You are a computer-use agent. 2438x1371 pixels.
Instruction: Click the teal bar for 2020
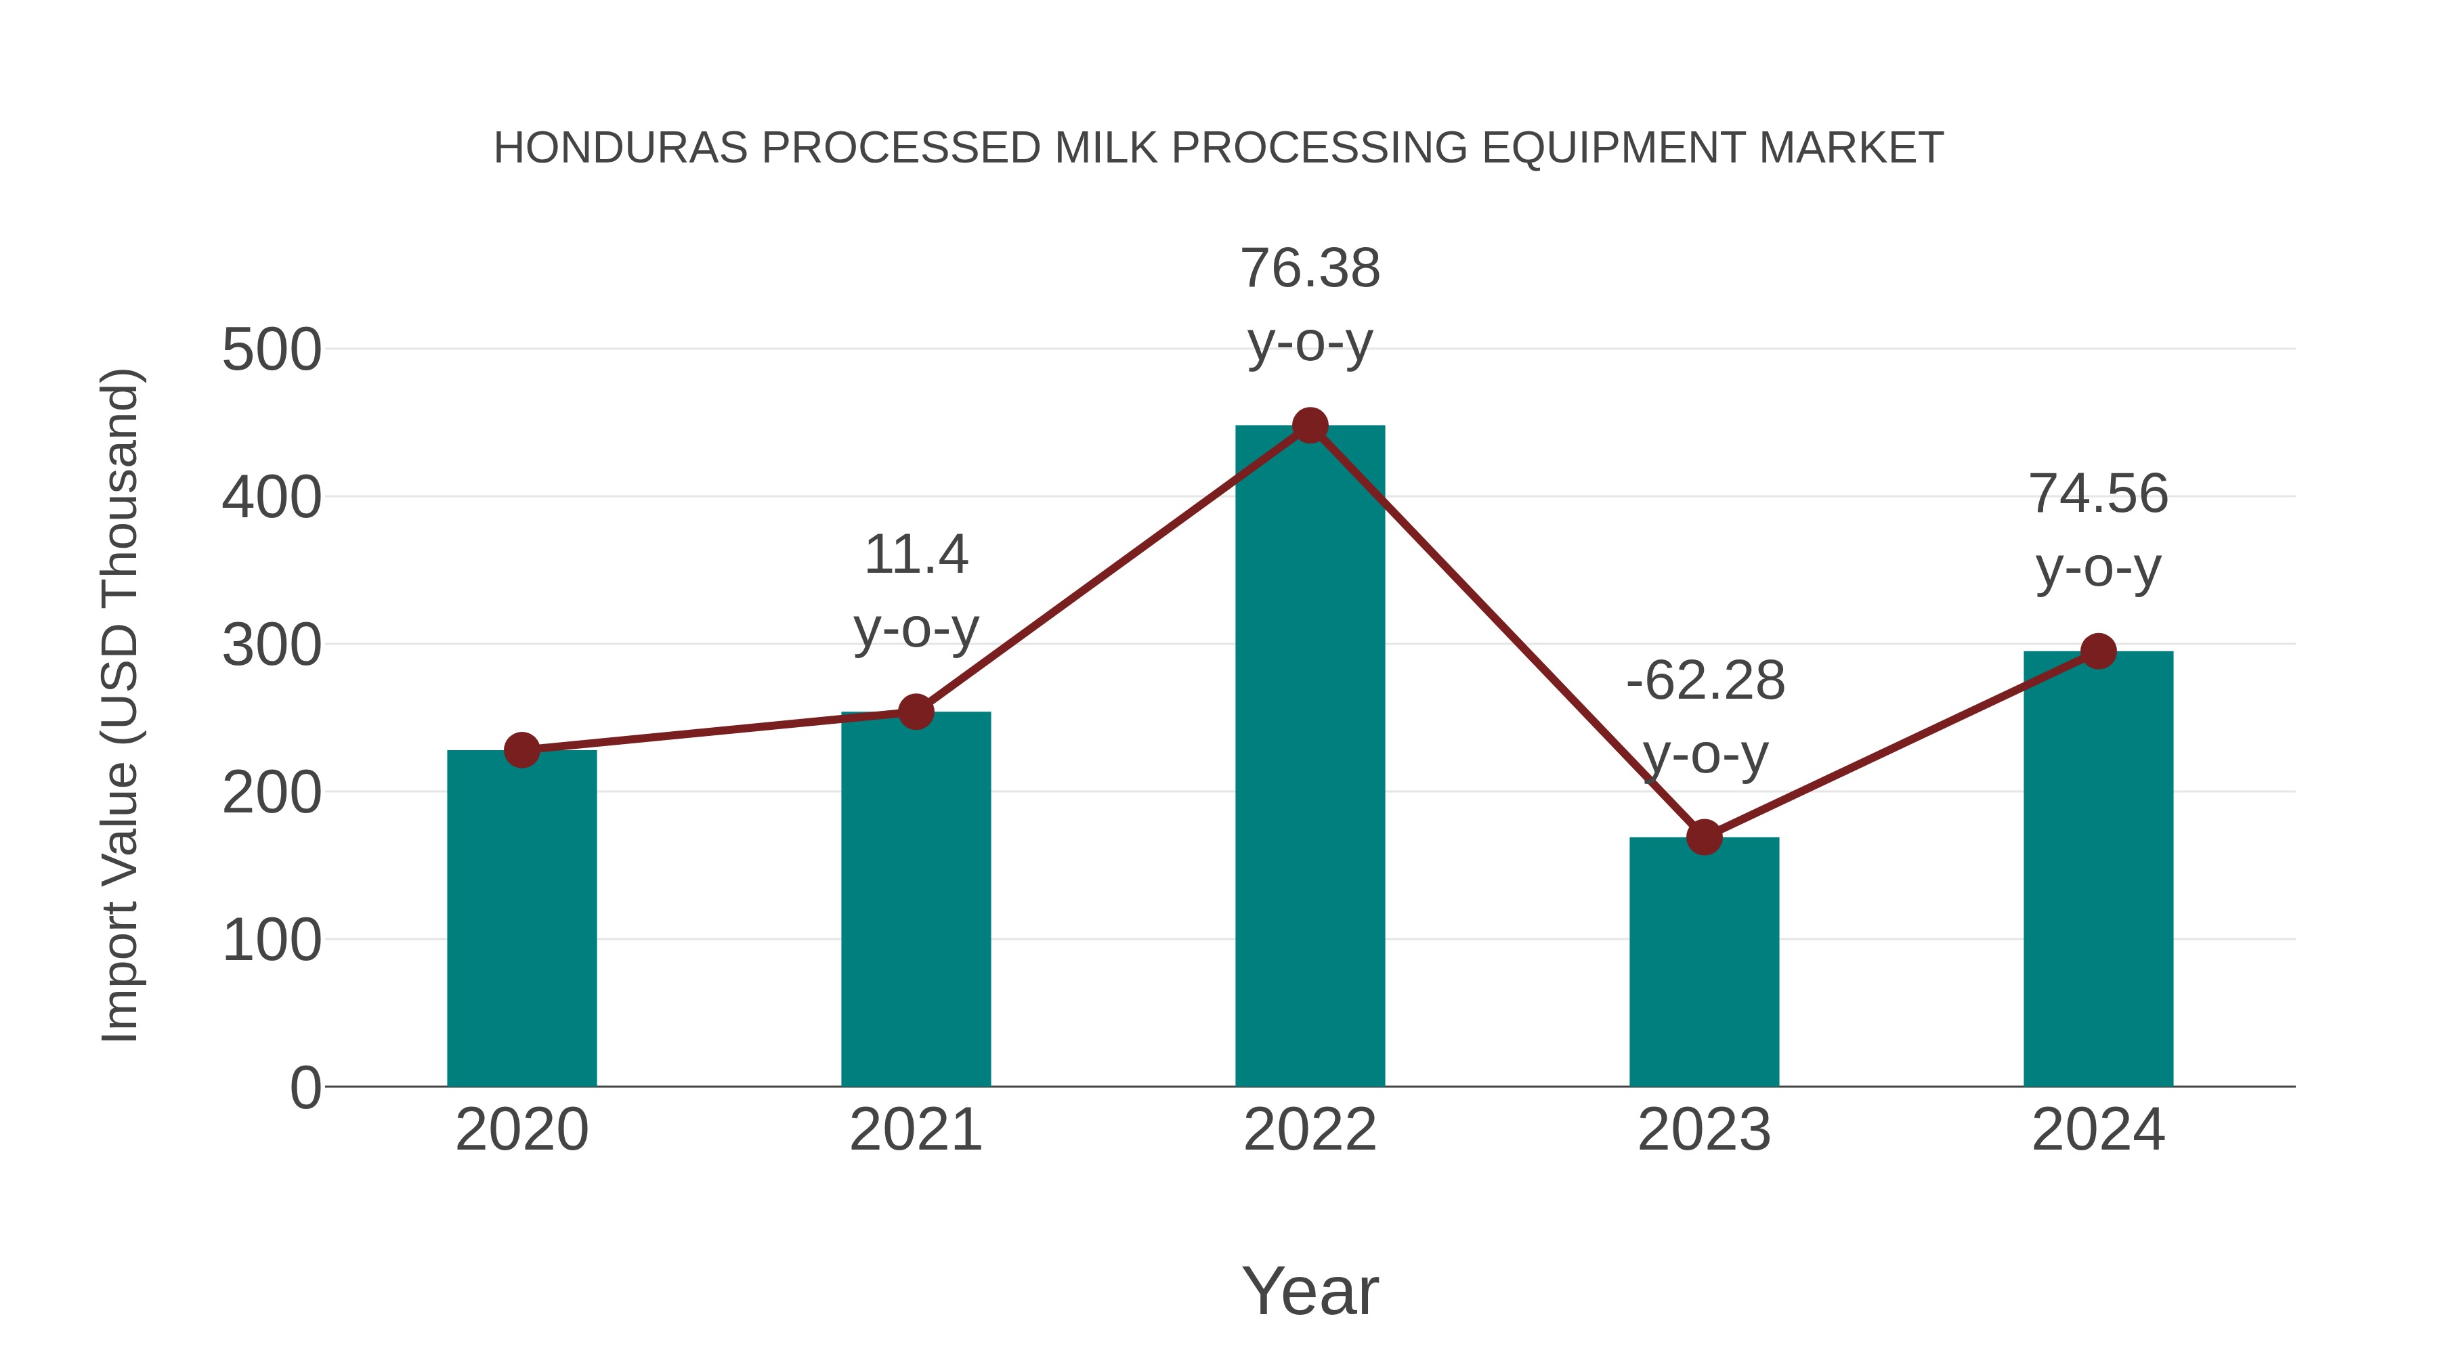pos(521,918)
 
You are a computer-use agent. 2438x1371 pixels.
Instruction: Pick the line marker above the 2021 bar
pos(915,712)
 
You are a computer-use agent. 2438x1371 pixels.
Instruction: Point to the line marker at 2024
pos(2098,651)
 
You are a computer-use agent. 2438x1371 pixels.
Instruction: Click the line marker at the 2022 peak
pos(1310,426)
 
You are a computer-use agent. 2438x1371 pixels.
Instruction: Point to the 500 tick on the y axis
pos(272,350)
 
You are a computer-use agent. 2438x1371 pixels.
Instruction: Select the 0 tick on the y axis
pos(305,1088)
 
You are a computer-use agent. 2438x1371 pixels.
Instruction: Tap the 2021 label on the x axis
pos(915,1130)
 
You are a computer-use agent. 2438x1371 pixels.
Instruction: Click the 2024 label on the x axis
pos(2098,1130)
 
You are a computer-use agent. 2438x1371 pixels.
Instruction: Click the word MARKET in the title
pos(1850,148)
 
